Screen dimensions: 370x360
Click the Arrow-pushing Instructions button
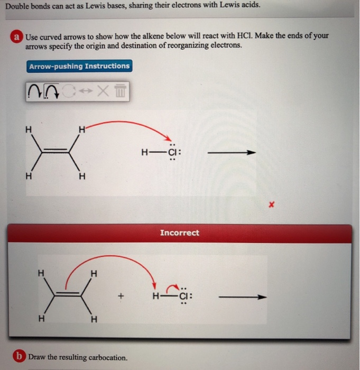[79, 66]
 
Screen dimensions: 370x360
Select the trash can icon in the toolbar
[122, 92]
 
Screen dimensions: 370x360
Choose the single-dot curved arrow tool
[33, 92]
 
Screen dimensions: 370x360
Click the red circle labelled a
[17, 36]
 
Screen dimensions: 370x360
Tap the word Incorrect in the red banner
[180, 233]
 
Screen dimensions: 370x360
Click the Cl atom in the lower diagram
[183, 297]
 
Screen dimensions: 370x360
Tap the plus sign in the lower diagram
[121, 297]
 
